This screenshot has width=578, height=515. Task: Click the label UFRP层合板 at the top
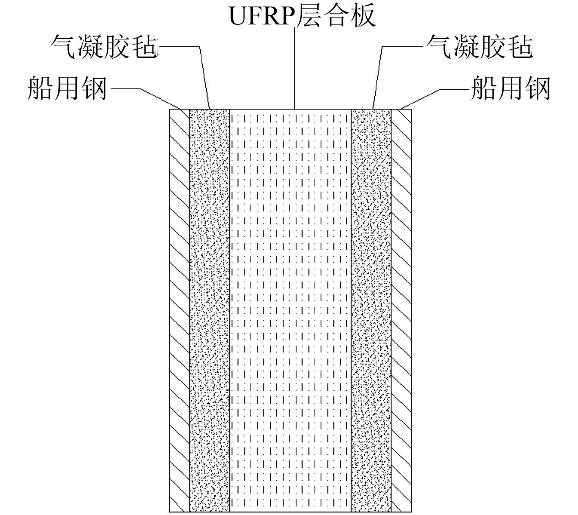click(x=302, y=16)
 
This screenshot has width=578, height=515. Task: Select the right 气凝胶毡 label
click(x=480, y=47)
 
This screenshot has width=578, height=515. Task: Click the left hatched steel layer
click(x=179, y=310)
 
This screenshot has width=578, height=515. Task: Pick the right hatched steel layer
click(x=401, y=310)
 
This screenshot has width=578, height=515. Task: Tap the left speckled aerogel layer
click(x=210, y=310)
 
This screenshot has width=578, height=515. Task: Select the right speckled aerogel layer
click(x=371, y=310)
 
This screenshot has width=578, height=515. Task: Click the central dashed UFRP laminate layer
click(x=290, y=310)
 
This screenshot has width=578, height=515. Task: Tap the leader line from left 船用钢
click(x=159, y=98)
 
